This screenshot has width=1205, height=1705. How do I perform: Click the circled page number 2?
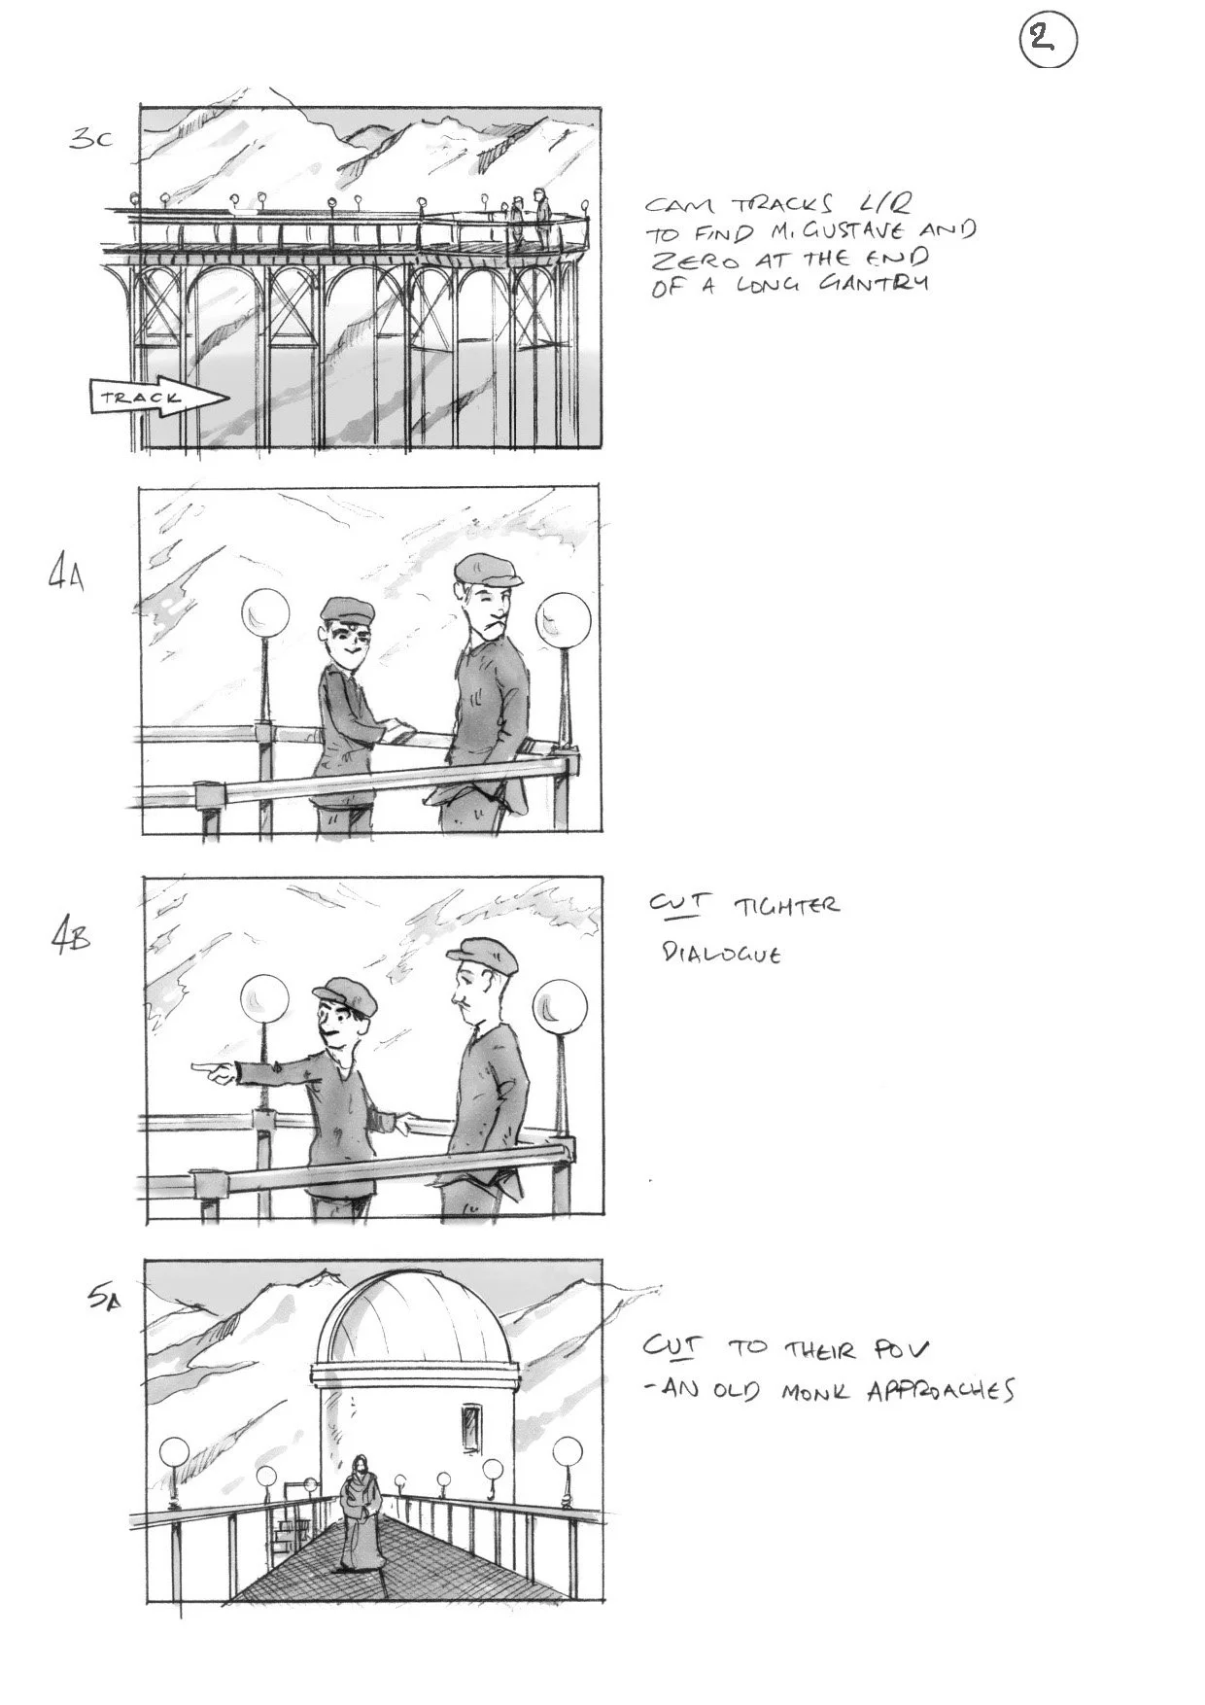click(1048, 41)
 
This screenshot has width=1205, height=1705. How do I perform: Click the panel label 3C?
click(90, 138)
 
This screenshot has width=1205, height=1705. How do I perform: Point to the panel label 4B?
click(70, 940)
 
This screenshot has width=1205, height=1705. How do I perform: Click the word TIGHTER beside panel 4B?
click(786, 907)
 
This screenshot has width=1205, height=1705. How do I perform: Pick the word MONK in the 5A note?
click(815, 1391)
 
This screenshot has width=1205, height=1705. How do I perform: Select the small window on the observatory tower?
click(473, 1428)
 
